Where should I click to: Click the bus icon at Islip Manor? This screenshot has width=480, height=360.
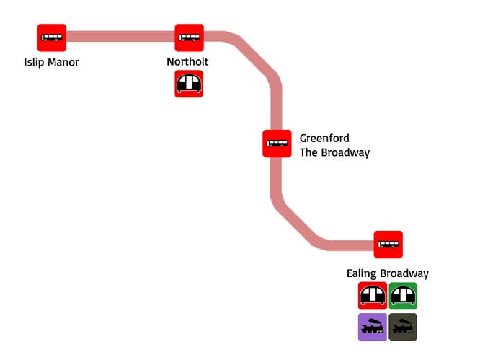52,38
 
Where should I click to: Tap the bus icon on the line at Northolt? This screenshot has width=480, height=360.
190,38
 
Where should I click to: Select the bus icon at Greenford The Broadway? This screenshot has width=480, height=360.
277,143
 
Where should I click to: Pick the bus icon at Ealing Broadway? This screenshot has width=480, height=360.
388,245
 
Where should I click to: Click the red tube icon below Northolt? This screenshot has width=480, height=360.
189,84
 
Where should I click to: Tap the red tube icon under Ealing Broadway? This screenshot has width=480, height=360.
373,296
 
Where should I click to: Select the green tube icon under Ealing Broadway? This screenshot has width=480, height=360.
403,296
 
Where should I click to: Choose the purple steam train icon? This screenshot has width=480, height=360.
373,327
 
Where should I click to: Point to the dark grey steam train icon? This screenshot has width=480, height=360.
403,327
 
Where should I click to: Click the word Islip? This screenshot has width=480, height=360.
35,62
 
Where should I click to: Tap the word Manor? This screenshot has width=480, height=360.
63,62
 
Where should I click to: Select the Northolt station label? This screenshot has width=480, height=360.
187,62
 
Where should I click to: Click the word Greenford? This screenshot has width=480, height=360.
324,139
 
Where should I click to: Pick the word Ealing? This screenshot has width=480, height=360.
362,273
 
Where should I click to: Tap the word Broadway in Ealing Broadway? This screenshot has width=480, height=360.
404,273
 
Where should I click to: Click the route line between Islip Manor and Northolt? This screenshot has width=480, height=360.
120,37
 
